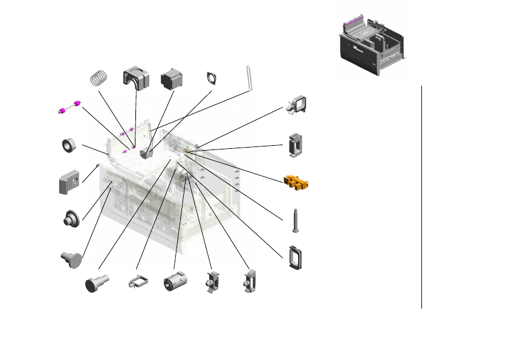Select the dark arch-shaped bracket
136,77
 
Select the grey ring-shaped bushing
68,145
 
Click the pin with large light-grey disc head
71,258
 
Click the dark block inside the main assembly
144,154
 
